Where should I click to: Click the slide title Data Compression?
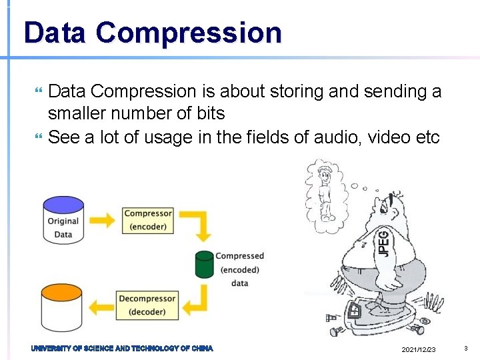[152, 33]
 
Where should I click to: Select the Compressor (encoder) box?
[147, 220]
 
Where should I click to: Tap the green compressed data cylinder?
[205, 264]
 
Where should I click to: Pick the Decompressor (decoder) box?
[147, 305]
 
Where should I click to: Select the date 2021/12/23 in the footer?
[419, 350]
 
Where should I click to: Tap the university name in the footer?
[122, 349]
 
